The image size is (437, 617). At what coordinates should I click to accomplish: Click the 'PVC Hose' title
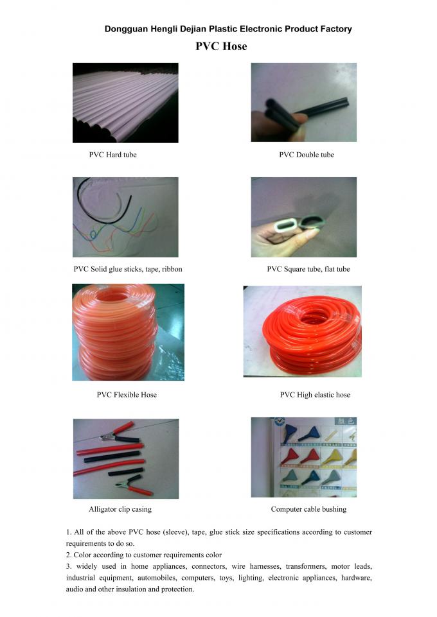pyautogui.click(x=221, y=46)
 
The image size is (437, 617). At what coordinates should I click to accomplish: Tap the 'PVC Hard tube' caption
pyautogui.click(x=112, y=155)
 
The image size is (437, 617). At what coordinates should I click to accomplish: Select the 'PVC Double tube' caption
pyautogui.click(x=306, y=155)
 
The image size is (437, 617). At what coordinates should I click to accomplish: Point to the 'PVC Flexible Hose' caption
pyautogui.click(x=127, y=395)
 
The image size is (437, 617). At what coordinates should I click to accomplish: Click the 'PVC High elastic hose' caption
pyautogui.click(x=315, y=395)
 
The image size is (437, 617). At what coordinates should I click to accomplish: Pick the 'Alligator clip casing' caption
pyautogui.click(x=120, y=509)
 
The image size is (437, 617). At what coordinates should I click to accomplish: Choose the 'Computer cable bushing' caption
pyautogui.click(x=308, y=509)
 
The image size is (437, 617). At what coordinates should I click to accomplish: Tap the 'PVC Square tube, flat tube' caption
pyautogui.click(x=308, y=269)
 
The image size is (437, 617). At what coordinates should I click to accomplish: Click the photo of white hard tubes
pyautogui.click(x=125, y=103)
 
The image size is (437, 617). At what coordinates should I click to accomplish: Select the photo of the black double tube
pyautogui.click(x=303, y=102)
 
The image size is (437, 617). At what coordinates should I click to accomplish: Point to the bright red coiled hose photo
pyautogui.click(x=302, y=331)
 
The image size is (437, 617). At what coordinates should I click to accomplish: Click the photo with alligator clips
pyautogui.click(x=126, y=458)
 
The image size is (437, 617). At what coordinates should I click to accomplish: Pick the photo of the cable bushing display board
pyautogui.click(x=303, y=457)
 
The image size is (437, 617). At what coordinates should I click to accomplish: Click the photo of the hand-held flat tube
pyautogui.click(x=303, y=217)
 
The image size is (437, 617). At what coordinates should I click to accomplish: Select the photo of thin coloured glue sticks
pyautogui.click(x=125, y=217)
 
